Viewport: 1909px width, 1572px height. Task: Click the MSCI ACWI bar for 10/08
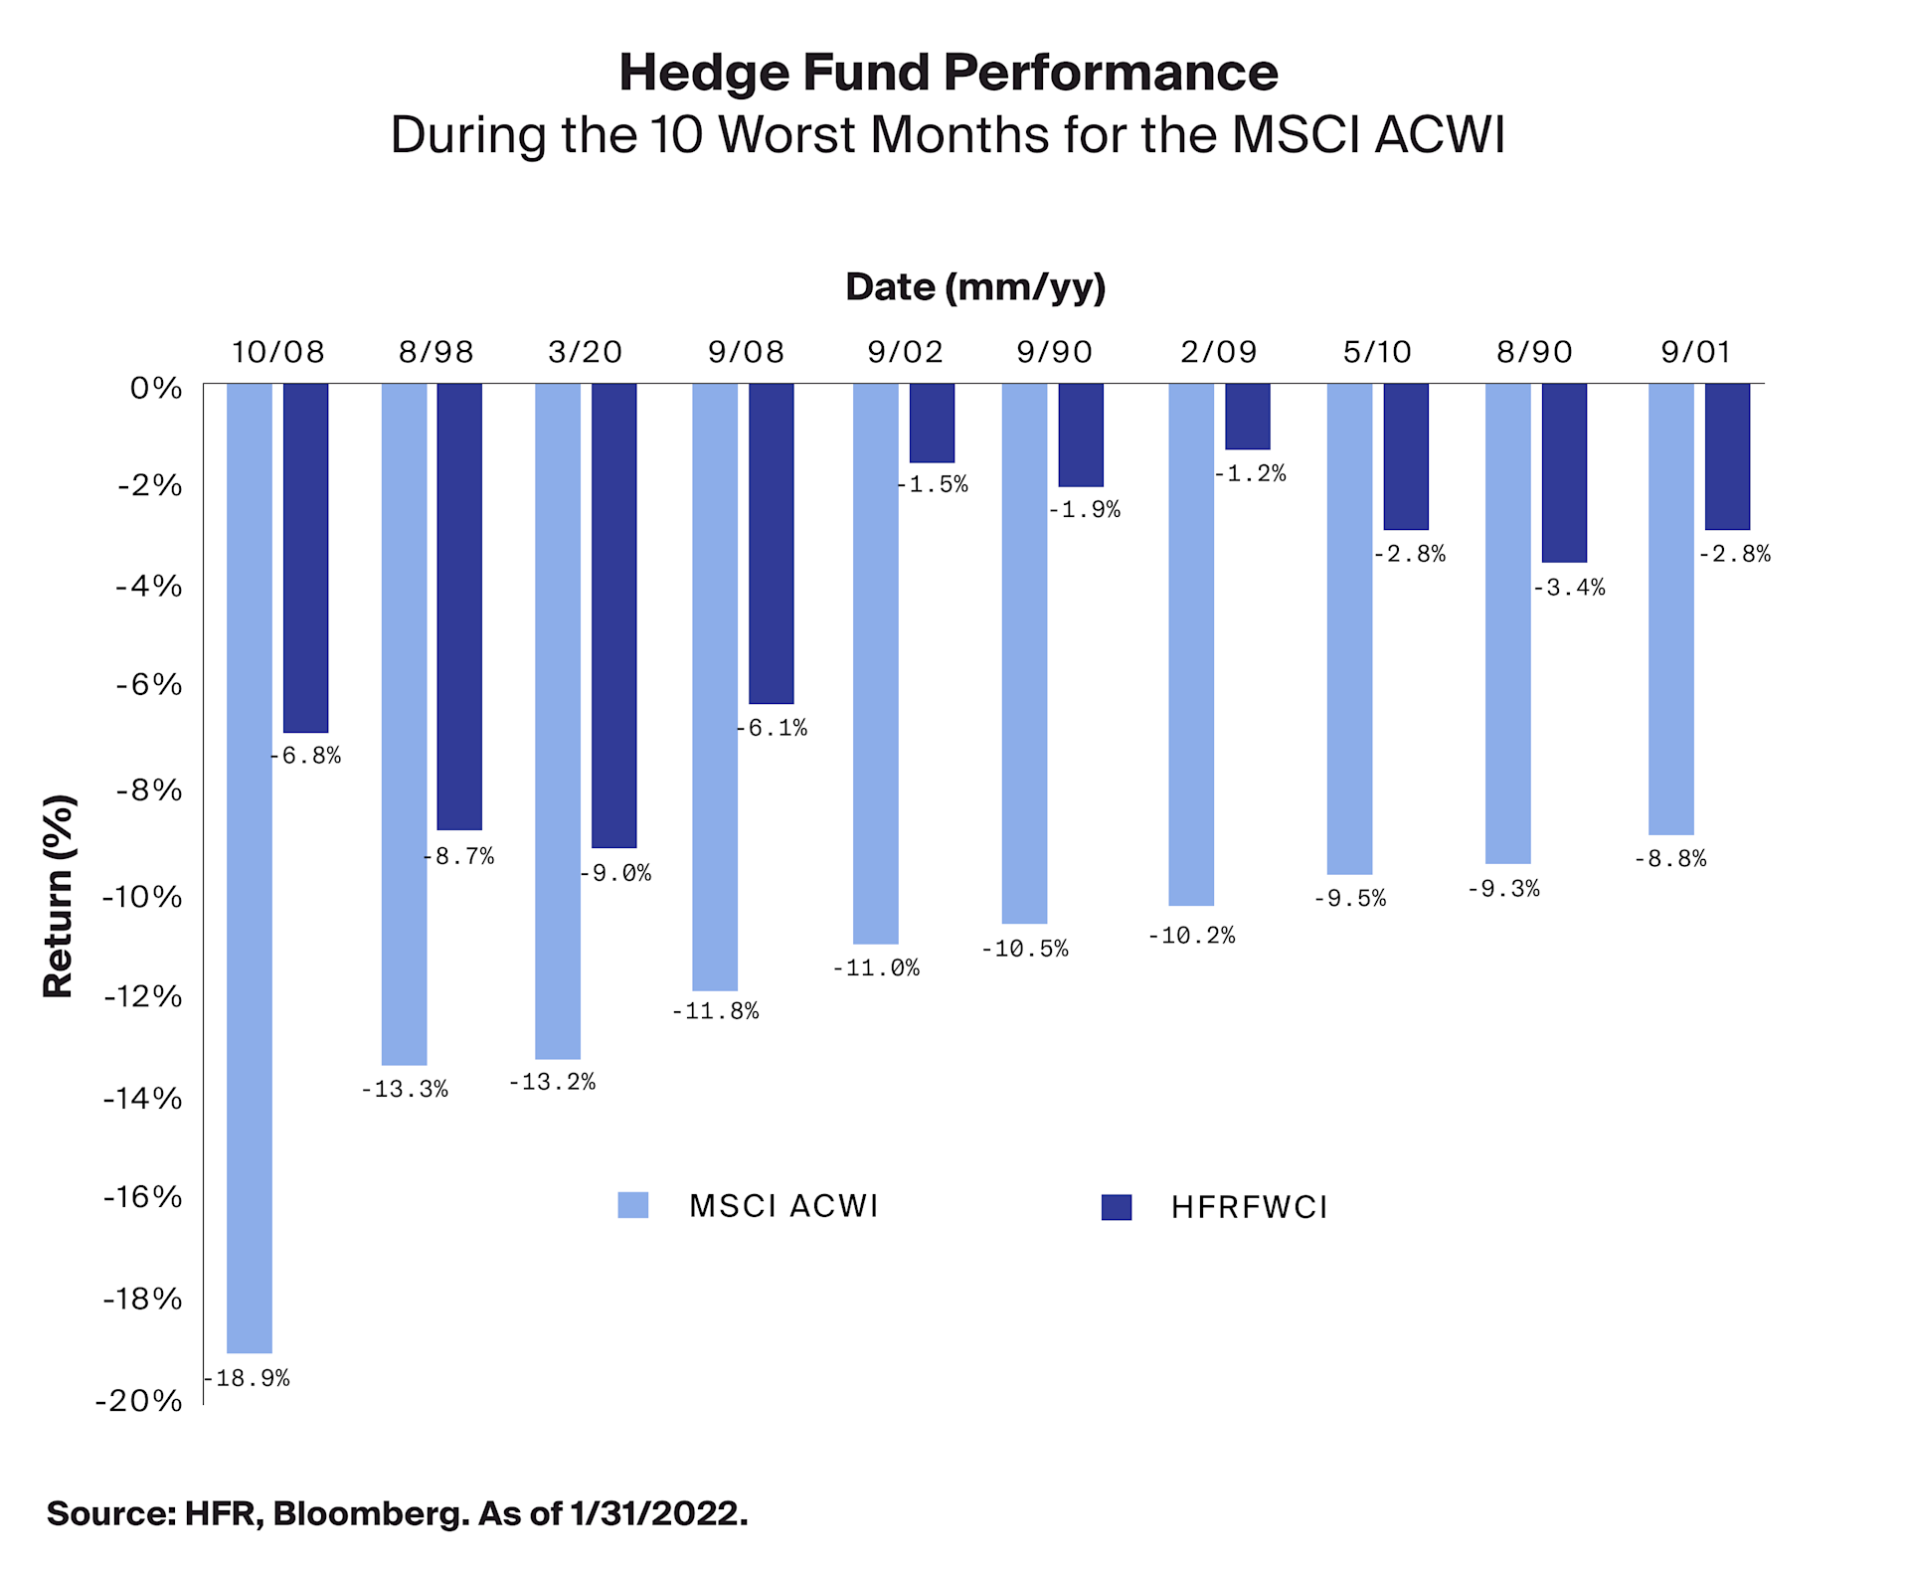pos(249,865)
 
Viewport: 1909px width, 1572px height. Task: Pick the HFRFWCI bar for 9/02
pos(932,423)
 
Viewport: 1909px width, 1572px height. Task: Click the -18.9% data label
pos(247,1378)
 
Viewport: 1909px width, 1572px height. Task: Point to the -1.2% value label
pos(1250,473)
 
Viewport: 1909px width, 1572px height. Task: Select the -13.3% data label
pos(404,1089)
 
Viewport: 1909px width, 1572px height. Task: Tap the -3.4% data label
pos(1568,588)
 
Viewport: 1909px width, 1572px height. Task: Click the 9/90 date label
pos(1054,352)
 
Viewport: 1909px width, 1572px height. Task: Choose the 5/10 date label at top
pos(1376,352)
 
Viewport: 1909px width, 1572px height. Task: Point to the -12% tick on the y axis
pos(143,995)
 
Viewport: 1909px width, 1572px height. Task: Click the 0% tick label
pos(156,388)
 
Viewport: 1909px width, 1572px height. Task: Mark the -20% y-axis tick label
pos(139,1401)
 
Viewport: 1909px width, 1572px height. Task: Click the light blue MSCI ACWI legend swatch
pos(632,1205)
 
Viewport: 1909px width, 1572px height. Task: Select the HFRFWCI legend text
pos(1249,1207)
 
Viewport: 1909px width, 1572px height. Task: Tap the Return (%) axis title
pos(59,896)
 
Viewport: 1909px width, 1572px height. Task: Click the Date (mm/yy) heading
pos(974,287)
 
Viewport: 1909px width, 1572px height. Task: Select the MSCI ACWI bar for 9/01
pos(1669,609)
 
